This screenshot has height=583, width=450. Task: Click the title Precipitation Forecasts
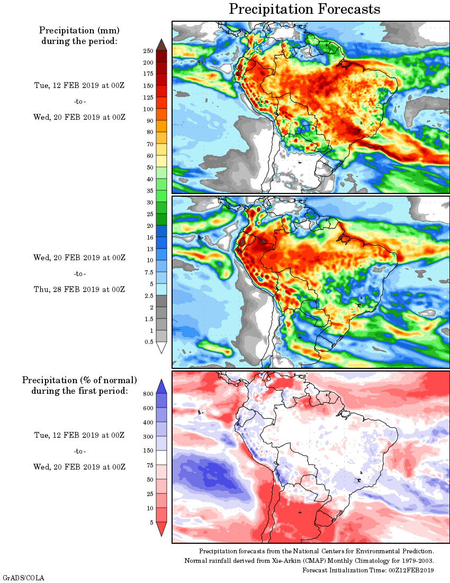coord(304,10)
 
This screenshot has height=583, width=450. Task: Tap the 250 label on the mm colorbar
coord(148,51)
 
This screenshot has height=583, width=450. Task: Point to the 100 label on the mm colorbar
coord(148,109)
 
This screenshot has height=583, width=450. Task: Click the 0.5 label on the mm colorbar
coord(149,342)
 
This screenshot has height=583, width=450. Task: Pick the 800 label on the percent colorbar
coord(148,394)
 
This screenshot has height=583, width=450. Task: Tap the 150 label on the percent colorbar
coord(148,451)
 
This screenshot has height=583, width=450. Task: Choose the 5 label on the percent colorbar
coord(151,523)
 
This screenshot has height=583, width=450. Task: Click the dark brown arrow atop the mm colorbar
coord(162,45)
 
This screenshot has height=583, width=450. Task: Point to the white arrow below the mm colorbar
coord(162,348)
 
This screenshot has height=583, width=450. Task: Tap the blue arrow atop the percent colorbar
coord(162,386)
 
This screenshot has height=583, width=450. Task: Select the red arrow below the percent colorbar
coord(162,528)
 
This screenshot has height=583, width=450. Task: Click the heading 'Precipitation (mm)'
coord(79,30)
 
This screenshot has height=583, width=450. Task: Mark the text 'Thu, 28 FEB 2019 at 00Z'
coord(79,289)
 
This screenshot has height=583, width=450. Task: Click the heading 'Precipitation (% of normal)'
coord(79,380)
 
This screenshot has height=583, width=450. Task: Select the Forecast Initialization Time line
coord(368,570)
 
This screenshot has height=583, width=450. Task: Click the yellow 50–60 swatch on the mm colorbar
coord(162,161)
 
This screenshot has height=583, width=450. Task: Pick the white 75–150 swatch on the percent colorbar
coord(162,458)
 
